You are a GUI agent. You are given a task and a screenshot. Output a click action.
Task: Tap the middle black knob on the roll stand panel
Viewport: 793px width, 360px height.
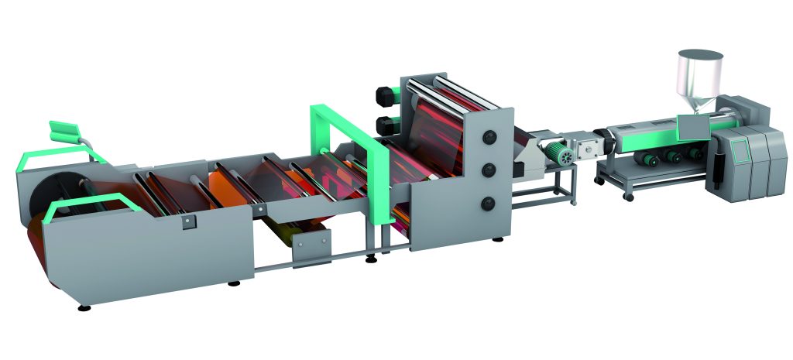(x=489, y=169)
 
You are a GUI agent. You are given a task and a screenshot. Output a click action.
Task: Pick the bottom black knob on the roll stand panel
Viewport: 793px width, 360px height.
(x=489, y=203)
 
